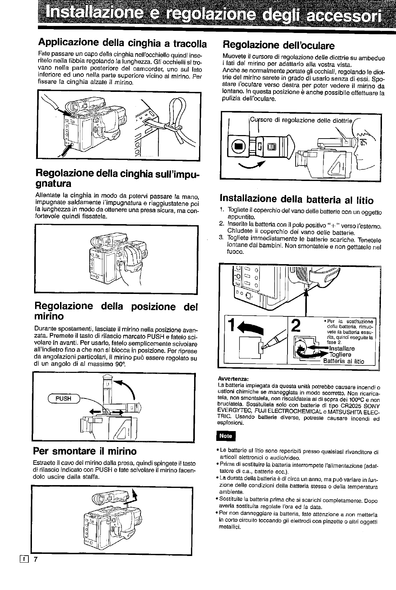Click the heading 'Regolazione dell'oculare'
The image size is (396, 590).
(279, 45)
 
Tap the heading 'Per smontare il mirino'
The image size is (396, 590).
(85, 450)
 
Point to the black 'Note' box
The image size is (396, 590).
(225, 436)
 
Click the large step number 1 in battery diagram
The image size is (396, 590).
(231, 326)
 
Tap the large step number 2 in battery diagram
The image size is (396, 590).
(296, 326)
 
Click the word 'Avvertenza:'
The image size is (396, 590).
(233, 379)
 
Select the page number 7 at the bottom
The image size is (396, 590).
(35, 559)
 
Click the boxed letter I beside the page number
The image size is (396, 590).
(24, 559)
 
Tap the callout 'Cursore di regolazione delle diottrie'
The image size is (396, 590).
(301, 120)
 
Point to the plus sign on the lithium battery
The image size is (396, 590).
(301, 348)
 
